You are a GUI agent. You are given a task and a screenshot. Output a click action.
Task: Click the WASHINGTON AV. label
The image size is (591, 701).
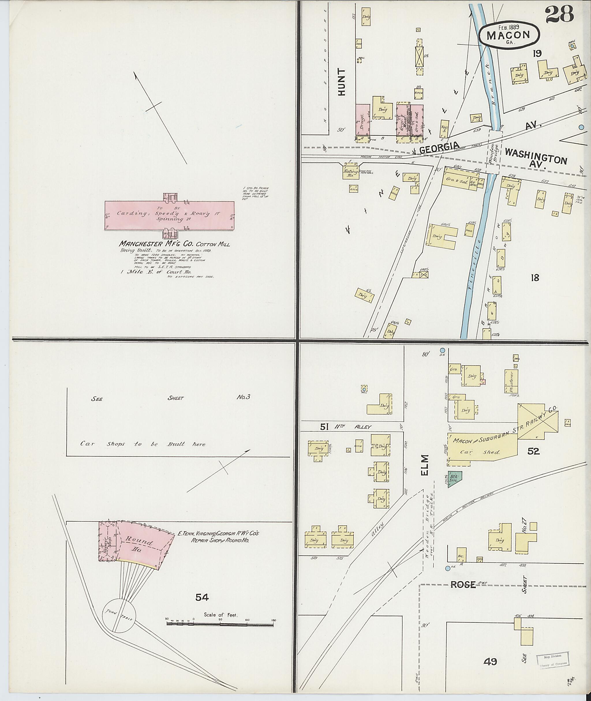pos(535,157)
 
